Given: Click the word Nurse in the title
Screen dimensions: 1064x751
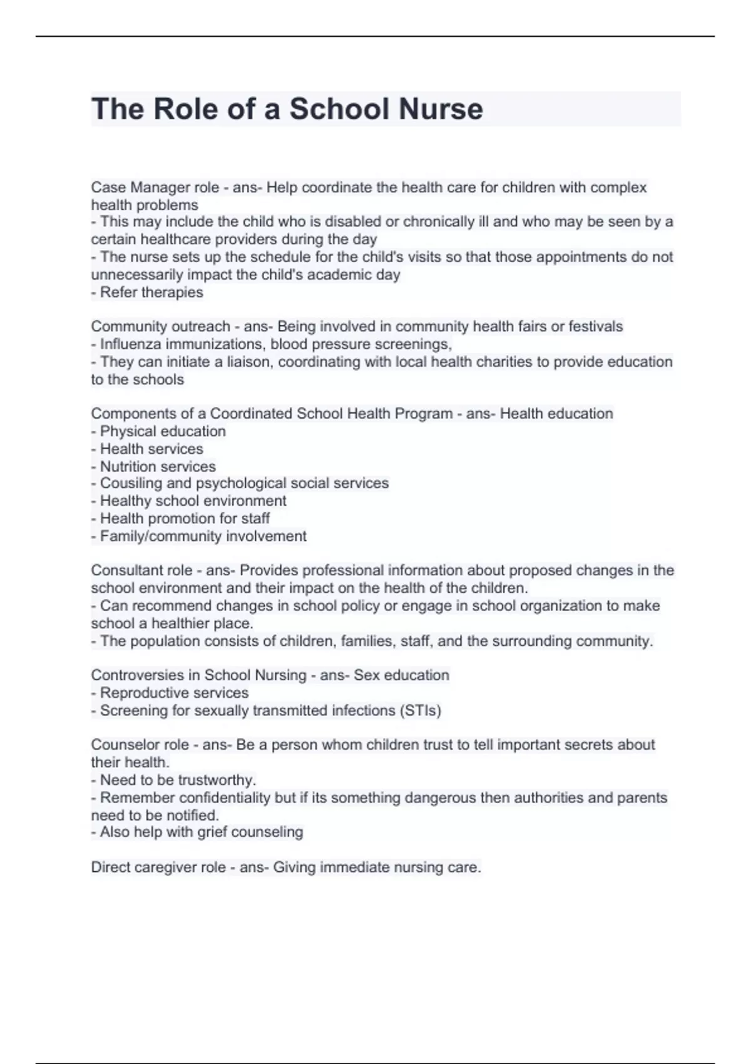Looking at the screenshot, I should click(x=441, y=109).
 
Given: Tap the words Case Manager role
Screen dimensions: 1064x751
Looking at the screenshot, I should click(x=155, y=187).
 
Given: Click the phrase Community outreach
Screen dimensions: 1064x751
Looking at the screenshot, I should click(x=160, y=326).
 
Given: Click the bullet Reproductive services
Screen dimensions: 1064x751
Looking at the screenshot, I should click(x=170, y=693).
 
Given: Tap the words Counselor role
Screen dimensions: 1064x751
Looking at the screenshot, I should click(x=140, y=745).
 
